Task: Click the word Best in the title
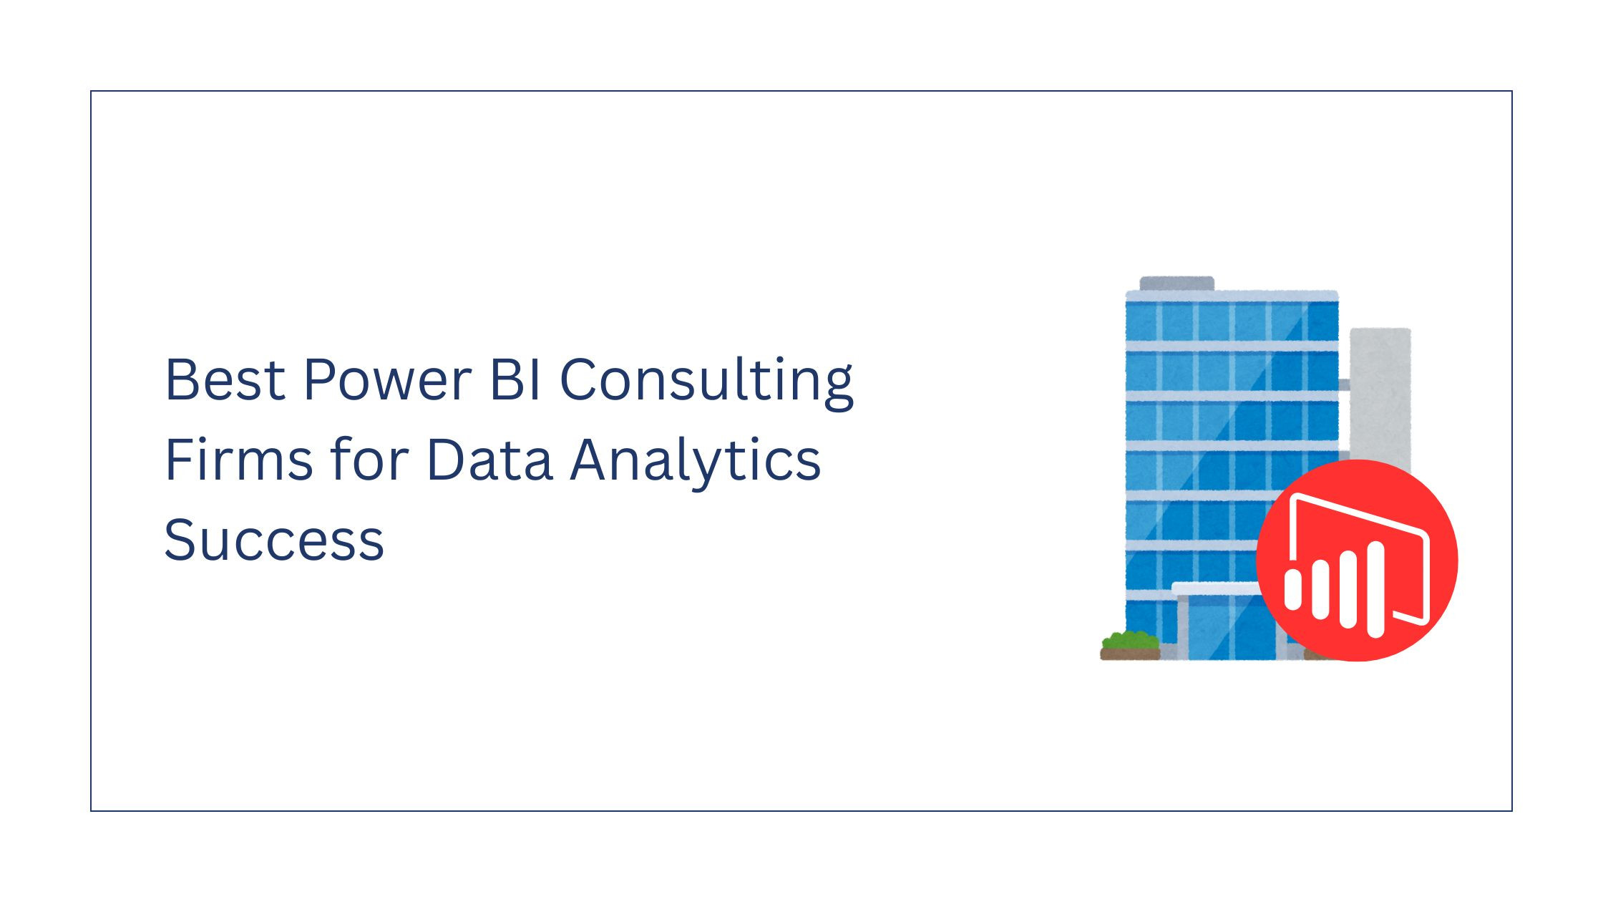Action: pyautogui.click(x=225, y=379)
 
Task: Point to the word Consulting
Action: pyautogui.click(x=706, y=383)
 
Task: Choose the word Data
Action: pyautogui.click(x=489, y=460)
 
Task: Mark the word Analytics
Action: pyautogui.click(x=696, y=462)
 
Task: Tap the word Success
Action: pyautogui.click(x=274, y=539)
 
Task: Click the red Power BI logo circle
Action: pyautogui.click(x=1357, y=560)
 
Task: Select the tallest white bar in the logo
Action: pyautogui.click(x=1375, y=588)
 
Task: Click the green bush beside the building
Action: pyautogui.click(x=1130, y=639)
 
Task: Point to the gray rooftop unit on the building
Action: pyautogui.click(x=1177, y=283)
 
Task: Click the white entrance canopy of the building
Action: pyautogui.click(x=1217, y=589)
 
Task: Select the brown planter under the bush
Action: pyautogui.click(x=1130, y=654)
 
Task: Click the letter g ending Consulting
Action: pyautogui.click(x=837, y=390)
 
